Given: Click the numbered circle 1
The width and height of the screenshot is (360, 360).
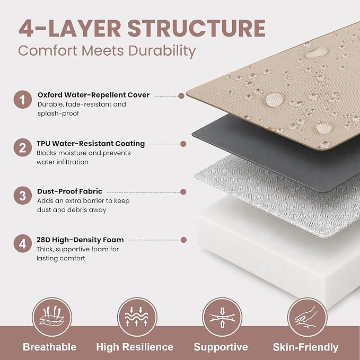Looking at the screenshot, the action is click(22, 100).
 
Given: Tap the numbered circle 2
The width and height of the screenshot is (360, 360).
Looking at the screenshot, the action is click(22, 147).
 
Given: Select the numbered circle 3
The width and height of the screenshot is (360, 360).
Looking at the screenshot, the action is click(22, 196).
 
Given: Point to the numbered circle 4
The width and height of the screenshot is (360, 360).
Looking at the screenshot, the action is click(22, 243).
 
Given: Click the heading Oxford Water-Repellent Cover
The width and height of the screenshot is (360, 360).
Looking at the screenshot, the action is click(93, 95).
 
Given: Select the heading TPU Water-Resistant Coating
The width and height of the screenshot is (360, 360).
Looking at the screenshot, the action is click(91, 144).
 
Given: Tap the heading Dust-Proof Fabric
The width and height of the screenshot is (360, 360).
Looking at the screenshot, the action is click(69, 191).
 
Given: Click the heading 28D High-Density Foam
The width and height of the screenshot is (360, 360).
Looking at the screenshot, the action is click(80, 240).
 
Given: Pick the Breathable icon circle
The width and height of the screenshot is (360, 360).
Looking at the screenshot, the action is click(51, 317).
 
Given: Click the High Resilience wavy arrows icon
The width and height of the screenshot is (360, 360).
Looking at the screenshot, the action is click(137, 317).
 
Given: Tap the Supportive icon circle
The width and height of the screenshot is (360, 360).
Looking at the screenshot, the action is click(222, 317).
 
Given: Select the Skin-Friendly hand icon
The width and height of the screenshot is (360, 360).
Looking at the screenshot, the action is click(307, 317).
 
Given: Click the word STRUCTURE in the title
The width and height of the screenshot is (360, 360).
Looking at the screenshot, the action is click(197, 29).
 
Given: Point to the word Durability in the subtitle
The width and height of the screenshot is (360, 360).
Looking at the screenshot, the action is click(162, 51).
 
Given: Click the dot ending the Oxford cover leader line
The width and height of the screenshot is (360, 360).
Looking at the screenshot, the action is click(181, 96).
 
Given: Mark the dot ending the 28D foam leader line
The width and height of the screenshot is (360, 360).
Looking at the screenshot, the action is click(183, 240).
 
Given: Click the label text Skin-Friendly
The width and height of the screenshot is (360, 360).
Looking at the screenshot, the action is click(305, 347).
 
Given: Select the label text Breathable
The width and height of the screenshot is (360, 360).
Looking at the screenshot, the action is click(50, 347).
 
